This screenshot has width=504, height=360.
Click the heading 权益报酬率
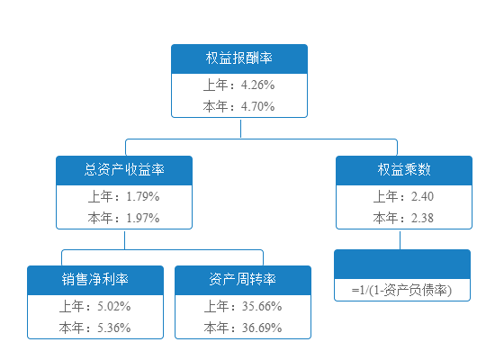coord(239,58)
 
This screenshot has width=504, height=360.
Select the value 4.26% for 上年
coord(257,85)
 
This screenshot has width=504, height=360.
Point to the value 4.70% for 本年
coord(257,106)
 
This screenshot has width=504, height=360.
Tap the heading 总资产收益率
coord(124,169)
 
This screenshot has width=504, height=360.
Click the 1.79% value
coord(143,196)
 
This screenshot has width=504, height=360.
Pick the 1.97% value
coord(143,218)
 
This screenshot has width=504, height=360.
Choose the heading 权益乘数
coord(404,169)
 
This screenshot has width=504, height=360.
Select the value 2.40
coord(422,196)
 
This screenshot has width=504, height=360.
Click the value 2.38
coord(422,218)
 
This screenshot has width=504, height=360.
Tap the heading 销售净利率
coord(95,279)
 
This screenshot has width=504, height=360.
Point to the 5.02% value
coord(113,306)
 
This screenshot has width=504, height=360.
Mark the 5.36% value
coord(113,328)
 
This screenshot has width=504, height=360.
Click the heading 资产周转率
coord(243,279)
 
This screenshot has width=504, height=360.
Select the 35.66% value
coord(262,306)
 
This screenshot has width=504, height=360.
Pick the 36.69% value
coord(262,328)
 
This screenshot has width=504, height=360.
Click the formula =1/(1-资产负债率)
coord(401,290)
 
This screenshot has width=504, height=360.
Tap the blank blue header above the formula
coord(402,265)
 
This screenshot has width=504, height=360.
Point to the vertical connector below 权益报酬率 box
coord(241,129)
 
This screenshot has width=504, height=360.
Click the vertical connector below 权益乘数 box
coord(400,240)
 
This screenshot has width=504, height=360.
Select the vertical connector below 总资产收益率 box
coord(125,240)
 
